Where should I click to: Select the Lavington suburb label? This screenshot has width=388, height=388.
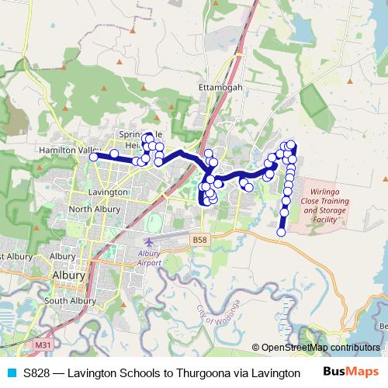[108, 192]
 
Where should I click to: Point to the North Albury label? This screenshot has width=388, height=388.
[94, 210]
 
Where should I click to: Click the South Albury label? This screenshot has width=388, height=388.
[70, 301]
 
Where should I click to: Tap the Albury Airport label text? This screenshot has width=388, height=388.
[149, 258]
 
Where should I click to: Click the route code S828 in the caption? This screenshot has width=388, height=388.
[39, 372]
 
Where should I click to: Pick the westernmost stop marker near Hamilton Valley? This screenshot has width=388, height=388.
[94, 157]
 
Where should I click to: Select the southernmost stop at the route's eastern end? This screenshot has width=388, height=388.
[282, 231]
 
